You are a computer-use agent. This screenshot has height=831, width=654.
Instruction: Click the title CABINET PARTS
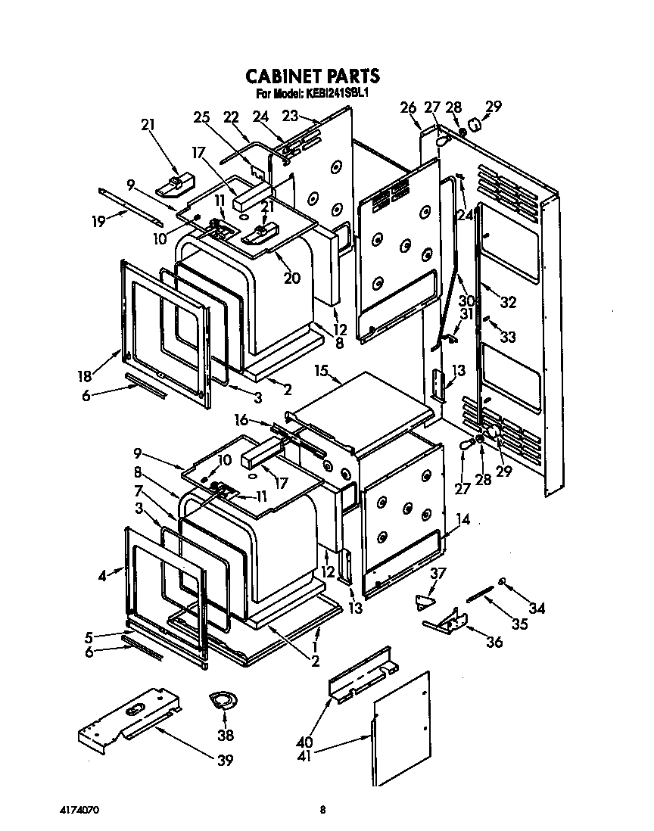312,76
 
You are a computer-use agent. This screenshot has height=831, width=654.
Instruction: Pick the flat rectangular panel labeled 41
401,728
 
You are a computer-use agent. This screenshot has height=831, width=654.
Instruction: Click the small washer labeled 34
502,581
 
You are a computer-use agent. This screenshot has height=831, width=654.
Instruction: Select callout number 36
494,643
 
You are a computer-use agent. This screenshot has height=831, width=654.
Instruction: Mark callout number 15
322,372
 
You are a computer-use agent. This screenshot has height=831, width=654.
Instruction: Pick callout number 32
508,303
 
